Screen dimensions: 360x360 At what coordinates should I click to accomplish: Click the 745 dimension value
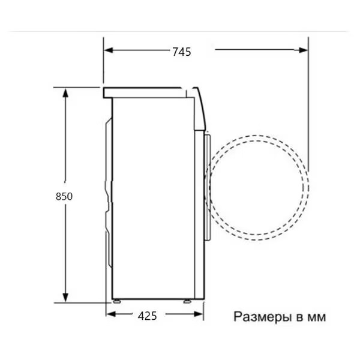click(x=181, y=52)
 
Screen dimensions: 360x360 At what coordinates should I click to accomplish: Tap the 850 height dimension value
click(x=64, y=196)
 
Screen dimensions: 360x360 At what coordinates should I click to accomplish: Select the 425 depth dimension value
click(x=147, y=316)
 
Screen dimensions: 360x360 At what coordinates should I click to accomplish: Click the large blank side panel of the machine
click(x=153, y=198)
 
